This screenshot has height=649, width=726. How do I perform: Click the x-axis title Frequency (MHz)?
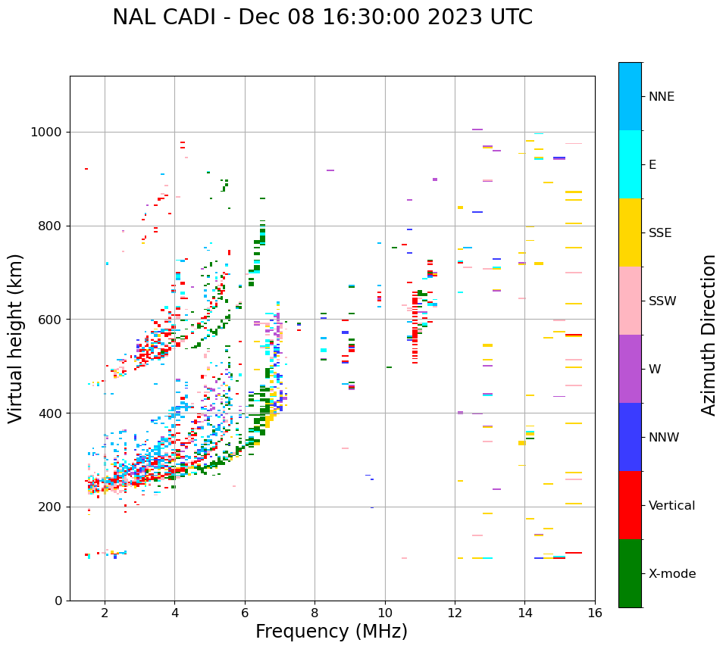[x=331, y=632]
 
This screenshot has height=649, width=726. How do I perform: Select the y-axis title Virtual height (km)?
[x=16, y=338]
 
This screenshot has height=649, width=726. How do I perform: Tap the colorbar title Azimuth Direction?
[x=709, y=335]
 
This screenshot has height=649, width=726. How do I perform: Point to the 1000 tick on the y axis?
[x=48, y=133]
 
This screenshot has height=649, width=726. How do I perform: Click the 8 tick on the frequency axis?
[x=314, y=612]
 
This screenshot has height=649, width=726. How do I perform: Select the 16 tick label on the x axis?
[x=595, y=612]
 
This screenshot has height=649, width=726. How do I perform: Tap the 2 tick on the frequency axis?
[x=105, y=612]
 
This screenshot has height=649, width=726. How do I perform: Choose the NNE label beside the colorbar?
[x=661, y=97]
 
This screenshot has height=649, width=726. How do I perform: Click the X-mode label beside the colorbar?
[x=672, y=574]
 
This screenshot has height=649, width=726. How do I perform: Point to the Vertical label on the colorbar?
[x=671, y=506]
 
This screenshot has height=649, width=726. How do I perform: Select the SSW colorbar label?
[x=662, y=301]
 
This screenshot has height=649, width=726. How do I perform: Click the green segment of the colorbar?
[x=630, y=573]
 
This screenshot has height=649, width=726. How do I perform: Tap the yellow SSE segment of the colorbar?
[x=630, y=232]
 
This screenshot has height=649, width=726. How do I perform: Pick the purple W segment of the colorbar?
[x=630, y=369]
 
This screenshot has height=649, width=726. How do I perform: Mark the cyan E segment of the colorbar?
[x=630, y=164]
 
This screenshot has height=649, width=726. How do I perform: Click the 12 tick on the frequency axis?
[x=455, y=612]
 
